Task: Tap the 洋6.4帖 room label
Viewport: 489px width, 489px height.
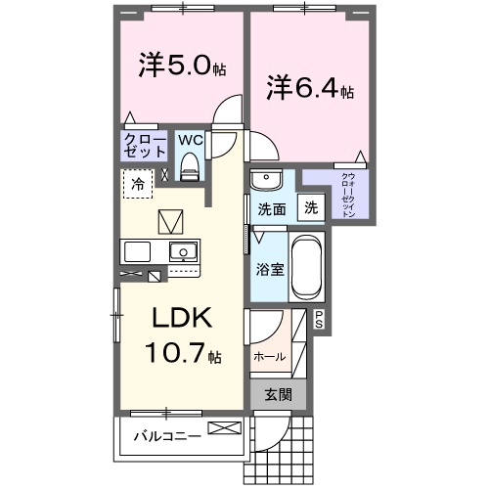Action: (309, 88)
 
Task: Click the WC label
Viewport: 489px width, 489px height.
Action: (191, 139)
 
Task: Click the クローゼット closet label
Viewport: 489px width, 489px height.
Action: (144, 146)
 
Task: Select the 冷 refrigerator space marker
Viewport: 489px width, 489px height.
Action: (138, 183)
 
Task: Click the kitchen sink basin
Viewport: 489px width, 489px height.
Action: (182, 252)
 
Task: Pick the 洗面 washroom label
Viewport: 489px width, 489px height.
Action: (271, 208)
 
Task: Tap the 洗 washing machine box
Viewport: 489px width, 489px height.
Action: (310, 207)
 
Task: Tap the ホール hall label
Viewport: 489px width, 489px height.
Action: (270, 357)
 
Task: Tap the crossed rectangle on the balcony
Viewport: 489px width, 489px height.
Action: (222, 428)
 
